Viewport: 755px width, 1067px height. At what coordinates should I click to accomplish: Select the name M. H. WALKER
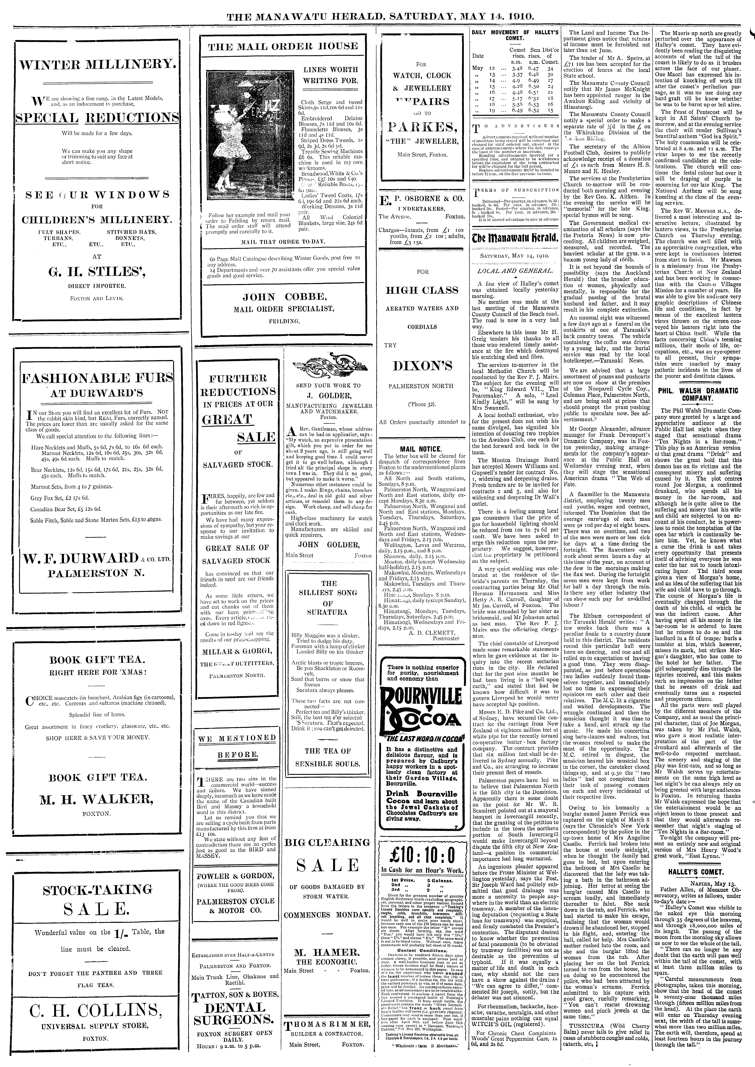[97, 799]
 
